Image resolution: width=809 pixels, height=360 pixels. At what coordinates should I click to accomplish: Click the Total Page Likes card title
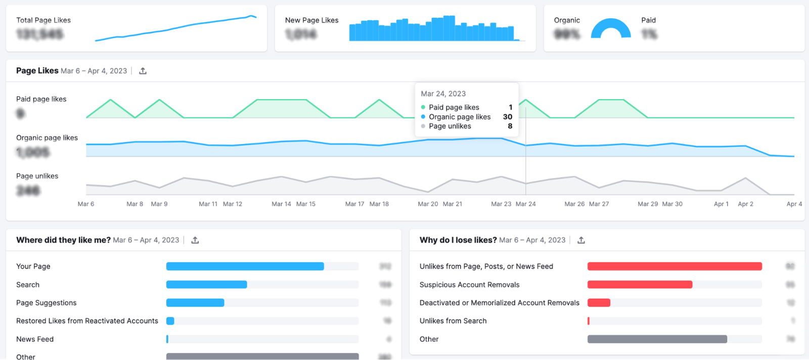pyautogui.click(x=43, y=20)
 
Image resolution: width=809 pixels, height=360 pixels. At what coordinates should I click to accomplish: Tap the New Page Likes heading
pyautogui.click(x=311, y=20)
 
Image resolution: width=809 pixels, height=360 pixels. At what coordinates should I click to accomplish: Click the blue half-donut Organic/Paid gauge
pyautogui.click(x=611, y=29)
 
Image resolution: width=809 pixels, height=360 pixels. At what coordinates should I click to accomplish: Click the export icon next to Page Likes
pyautogui.click(x=143, y=71)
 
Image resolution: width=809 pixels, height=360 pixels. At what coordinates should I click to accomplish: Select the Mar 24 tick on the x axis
pyautogui.click(x=525, y=204)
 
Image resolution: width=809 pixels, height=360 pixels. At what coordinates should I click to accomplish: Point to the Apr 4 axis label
pyautogui.click(x=794, y=204)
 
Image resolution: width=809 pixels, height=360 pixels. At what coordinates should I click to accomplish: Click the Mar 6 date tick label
pyautogui.click(x=86, y=204)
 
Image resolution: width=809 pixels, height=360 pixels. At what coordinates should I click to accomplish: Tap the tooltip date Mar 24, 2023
pyautogui.click(x=443, y=94)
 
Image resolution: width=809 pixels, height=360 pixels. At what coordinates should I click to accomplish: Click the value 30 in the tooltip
pyautogui.click(x=507, y=117)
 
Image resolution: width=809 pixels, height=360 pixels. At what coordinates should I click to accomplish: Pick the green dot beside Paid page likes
pyautogui.click(x=423, y=107)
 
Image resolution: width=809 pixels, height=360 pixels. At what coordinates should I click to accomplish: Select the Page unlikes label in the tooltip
pyautogui.click(x=450, y=126)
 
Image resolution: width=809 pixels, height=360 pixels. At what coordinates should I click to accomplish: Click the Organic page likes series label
pyautogui.click(x=47, y=138)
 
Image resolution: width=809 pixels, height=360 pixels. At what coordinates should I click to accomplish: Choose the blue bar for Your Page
pyautogui.click(x=245, y=266)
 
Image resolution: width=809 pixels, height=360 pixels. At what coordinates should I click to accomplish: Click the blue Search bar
pyautogui.click(x=206, y=285)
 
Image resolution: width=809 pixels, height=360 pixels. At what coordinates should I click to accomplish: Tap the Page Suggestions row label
pyautogui.click(x=47, y=303)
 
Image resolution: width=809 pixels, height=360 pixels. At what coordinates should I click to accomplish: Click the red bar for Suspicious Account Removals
pyautogui.click(x=640, y=285)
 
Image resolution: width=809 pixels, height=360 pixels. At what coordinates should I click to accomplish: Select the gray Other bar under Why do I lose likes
pyautogui.click(x=657, y=339)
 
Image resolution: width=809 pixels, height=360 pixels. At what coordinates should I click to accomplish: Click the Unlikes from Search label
pyautogui.click(x=453, y=321)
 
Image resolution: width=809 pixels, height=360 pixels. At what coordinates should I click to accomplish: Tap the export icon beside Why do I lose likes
pyautogui.click(x=581, y=240)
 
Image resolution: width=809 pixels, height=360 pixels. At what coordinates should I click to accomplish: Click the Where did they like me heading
pyautogui.click(x=63, y=240)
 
